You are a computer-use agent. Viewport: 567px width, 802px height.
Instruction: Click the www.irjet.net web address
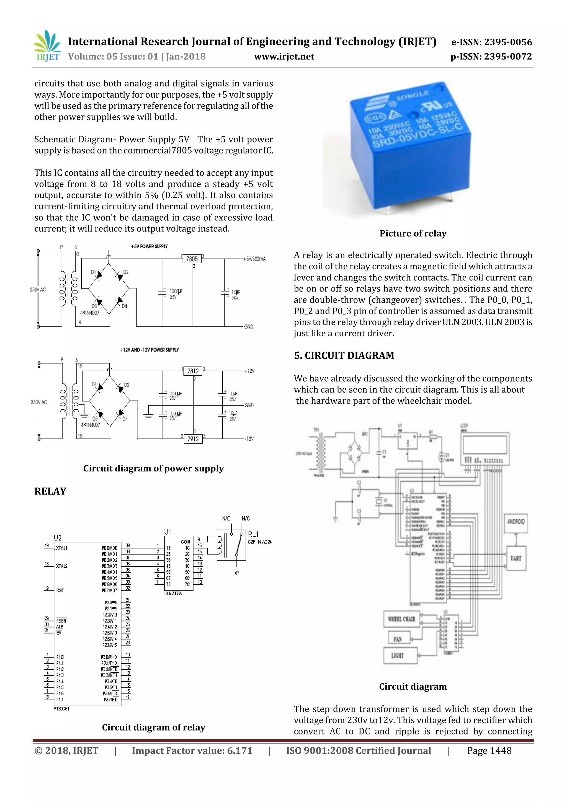[284, 56]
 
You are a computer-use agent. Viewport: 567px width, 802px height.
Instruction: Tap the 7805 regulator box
[192, 259]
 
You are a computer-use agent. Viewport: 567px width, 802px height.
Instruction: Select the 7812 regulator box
[193, 371]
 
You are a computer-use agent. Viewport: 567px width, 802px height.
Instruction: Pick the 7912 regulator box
[193, 439]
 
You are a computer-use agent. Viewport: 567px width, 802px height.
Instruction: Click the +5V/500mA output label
[255, 259]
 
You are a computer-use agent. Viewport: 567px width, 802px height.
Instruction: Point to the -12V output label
[249, 439]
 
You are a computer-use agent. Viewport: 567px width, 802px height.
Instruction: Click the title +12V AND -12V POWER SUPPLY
[149, 350]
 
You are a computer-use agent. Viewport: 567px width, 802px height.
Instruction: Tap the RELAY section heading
[50, 491]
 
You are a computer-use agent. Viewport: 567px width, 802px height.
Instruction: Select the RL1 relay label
[253, 534]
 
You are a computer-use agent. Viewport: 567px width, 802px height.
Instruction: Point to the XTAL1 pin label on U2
[61, 548]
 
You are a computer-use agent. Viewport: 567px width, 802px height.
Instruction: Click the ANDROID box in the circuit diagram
[516, 522]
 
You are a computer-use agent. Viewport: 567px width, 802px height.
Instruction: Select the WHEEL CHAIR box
[401, 619]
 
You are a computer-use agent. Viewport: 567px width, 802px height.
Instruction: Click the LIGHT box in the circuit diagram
[398, 656]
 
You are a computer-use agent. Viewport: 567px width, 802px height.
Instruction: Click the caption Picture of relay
[413, 233]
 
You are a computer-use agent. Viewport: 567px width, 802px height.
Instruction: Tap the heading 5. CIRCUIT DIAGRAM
[344, 355]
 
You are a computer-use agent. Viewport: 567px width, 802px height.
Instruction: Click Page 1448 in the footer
[489, 751]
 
